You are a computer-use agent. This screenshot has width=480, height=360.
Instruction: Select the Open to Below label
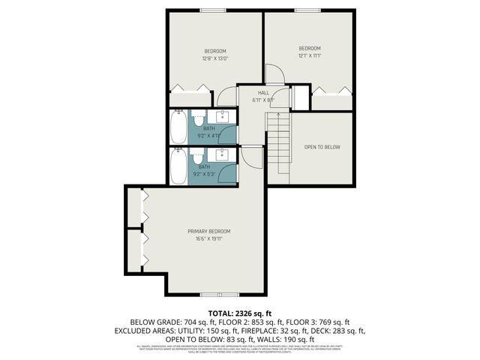click(x=322, y=147)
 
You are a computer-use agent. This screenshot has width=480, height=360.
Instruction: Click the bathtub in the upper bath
click(x=178, y=127)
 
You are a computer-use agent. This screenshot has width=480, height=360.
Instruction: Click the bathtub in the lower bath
click(x=178, y=166)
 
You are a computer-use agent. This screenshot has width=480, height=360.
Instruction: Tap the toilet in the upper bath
click(x=199, y=119)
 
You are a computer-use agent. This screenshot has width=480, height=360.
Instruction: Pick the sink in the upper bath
click(x=224, y=116)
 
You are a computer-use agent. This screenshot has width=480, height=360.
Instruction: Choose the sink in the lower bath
click(x=224, y=154)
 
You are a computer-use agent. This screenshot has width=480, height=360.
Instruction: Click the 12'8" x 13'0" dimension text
click(x=214, y=58)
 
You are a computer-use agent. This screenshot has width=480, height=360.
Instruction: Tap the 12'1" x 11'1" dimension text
click(x=310, y=55)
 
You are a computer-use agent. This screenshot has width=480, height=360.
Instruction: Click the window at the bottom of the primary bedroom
click(x=218, y=294)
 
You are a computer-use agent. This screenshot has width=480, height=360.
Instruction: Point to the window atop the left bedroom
click(x=211, y=10)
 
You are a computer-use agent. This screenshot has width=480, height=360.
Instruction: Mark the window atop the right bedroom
click(x=309, y=10)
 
